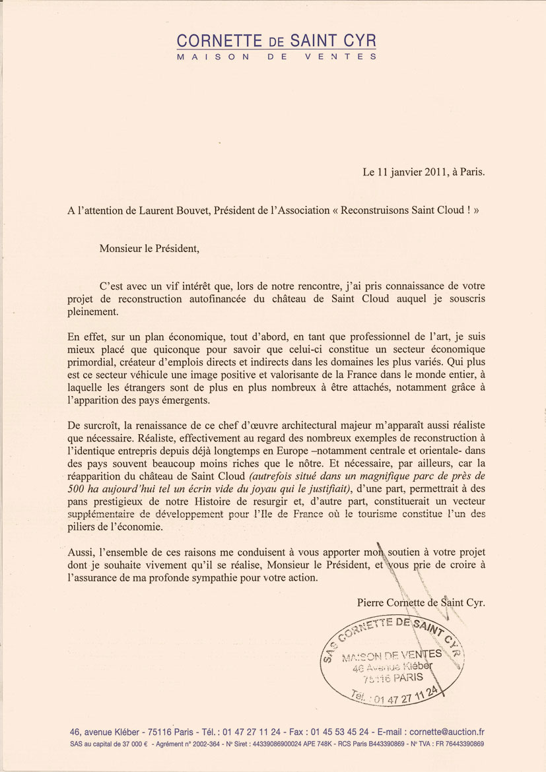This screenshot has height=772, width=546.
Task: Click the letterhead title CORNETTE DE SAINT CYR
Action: point(276,41)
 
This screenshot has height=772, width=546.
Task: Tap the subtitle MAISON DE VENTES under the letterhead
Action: point(276,57)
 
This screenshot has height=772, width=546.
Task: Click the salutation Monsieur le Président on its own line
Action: point(149,249)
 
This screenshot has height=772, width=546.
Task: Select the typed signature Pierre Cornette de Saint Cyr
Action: point(421,602)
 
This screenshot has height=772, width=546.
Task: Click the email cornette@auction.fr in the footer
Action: point(447,732)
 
